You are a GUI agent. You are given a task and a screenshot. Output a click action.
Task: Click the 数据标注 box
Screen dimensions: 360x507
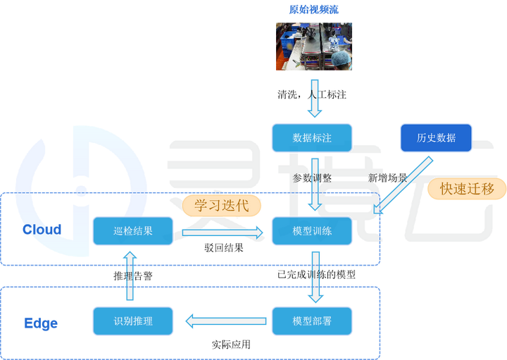coord(312,138)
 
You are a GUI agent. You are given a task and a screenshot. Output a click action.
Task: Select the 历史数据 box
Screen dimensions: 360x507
coord(436,138)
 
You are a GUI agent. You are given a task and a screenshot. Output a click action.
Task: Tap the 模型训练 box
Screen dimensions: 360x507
coord(312,230)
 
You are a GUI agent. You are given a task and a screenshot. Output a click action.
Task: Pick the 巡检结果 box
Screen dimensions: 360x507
coord(133,230)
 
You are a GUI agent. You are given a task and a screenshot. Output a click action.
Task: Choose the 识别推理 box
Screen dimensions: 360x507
coord(133,321)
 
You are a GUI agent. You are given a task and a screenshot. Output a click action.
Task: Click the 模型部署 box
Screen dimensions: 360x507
coord(312,321)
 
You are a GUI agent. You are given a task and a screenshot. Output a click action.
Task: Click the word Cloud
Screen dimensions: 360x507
coord(42,229)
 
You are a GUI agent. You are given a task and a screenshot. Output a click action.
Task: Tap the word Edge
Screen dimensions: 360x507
coord(41,323)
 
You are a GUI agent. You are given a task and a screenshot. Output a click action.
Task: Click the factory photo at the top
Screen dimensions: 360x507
coord(314,46)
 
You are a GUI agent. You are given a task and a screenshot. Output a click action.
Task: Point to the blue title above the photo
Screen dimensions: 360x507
coord(314,9)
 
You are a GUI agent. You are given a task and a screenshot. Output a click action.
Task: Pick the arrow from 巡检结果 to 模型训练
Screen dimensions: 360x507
coord(222,230)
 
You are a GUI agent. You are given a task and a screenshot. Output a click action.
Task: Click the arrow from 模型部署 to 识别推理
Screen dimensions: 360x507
coord(225,321)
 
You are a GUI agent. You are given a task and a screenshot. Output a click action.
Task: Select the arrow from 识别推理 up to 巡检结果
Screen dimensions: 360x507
coord(130,276)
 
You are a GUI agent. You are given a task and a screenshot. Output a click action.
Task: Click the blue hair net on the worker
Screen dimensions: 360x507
coord(340,56)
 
